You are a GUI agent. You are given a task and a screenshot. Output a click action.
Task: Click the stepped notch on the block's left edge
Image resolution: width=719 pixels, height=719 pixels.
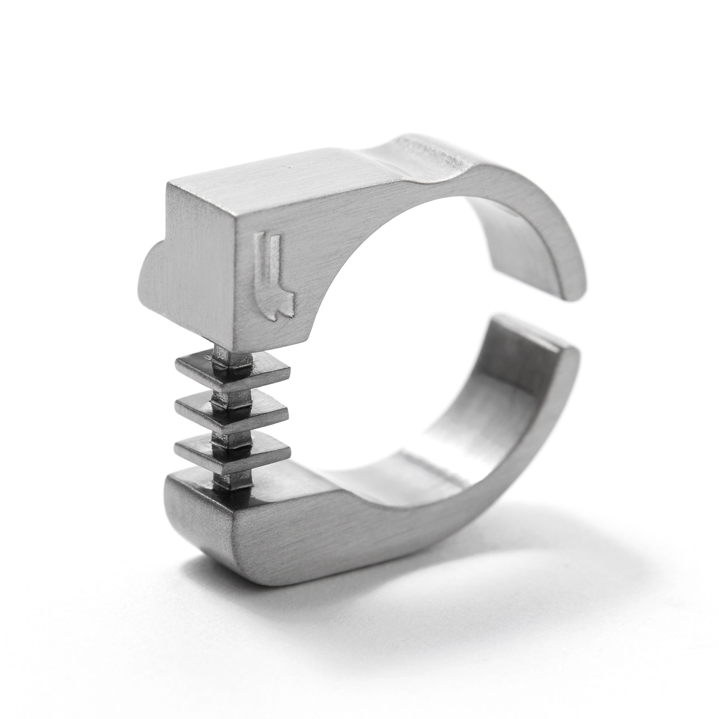153,261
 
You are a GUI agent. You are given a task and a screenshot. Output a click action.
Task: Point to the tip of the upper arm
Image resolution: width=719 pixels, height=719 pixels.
573,287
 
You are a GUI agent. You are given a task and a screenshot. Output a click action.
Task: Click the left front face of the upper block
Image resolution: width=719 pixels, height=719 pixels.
197,253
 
